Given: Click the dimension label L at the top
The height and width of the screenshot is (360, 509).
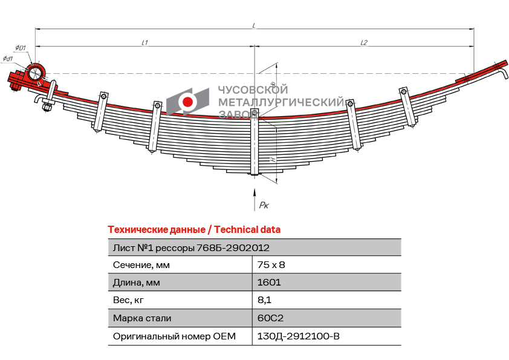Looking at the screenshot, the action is pos(254,25).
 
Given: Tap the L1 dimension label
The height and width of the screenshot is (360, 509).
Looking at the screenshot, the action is pos(145,42).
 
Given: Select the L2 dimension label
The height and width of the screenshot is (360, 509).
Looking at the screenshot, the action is pos(364,42).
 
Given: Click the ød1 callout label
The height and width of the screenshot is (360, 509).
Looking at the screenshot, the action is pos(8,58).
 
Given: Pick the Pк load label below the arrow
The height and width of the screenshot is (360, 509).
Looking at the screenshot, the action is pos(264,206).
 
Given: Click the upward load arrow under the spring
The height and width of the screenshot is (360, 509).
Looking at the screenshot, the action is pos(254,197).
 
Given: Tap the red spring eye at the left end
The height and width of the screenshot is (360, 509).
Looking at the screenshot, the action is pos(35,73).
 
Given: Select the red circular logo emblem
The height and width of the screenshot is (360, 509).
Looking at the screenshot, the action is pos(188,101).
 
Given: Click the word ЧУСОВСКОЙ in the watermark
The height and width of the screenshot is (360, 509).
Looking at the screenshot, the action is pos(253,90).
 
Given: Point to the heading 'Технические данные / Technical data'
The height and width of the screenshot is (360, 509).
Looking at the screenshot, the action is pos(194,230).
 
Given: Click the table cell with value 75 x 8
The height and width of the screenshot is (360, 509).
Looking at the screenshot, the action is pos(271,264).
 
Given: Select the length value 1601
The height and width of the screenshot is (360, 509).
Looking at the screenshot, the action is pos(268,282).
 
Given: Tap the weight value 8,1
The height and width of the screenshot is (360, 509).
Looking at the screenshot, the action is pos(264,299).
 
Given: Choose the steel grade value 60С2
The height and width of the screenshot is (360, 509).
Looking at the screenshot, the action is pos(270,318).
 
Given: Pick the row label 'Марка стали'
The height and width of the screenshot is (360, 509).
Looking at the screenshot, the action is pos(142,318).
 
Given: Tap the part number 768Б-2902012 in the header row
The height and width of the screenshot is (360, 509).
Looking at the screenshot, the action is pos(233,247).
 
